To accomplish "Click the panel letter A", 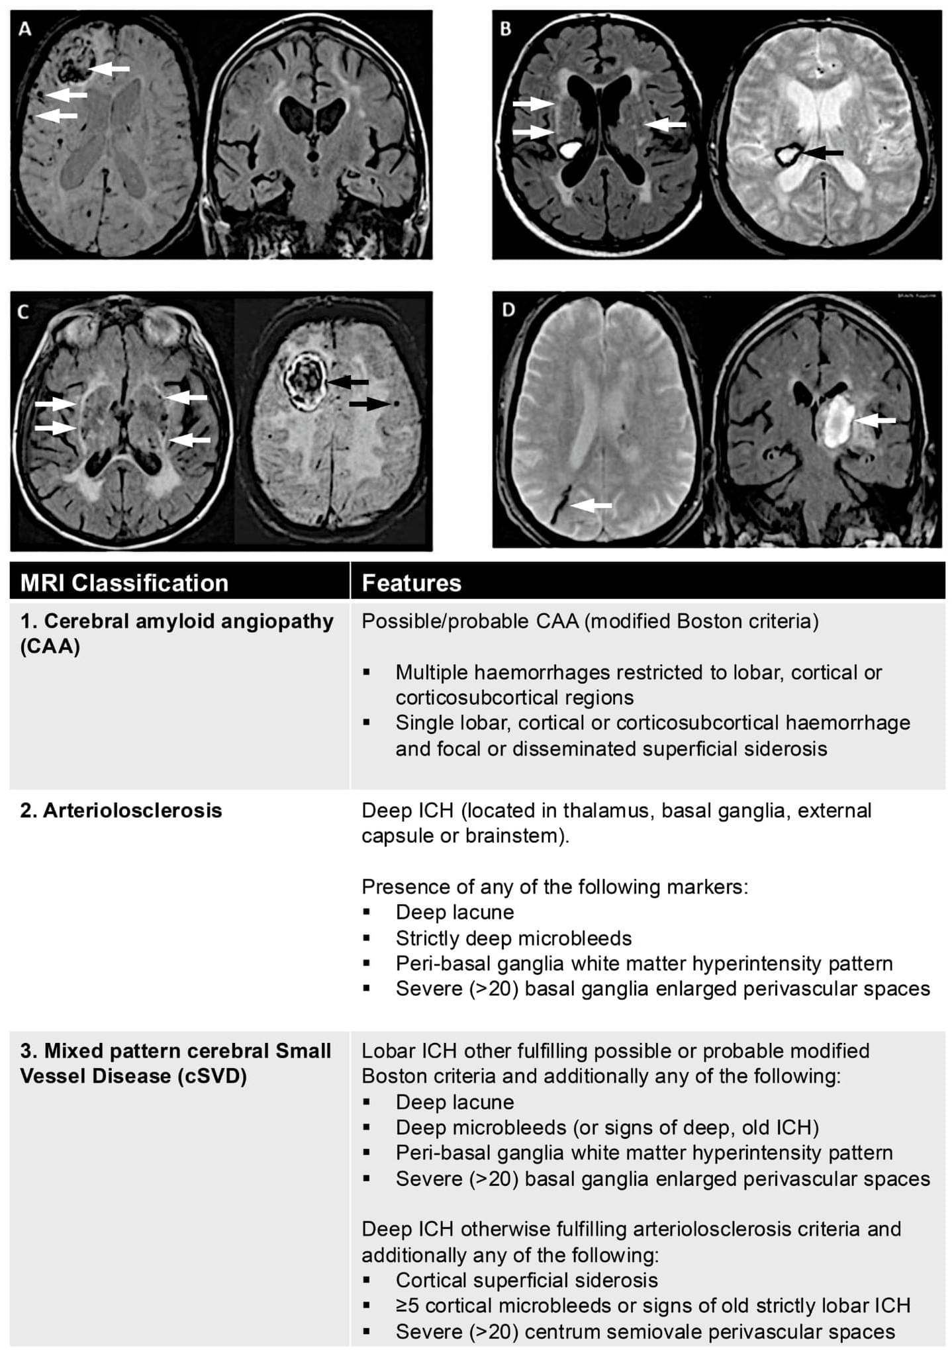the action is coord(25,28).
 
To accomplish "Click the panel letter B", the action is coord(506,28).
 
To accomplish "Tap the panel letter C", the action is coord(23,311).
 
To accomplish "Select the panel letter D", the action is coord(508,309).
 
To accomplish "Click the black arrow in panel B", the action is coord(823,153).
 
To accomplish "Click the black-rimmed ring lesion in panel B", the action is coord(788,155).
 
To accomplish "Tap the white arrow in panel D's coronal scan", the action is coord(875,420).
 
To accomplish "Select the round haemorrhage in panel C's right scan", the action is coord(305,380).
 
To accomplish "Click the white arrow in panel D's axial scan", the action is coord(591,505).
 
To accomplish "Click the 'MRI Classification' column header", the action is coord(124,583).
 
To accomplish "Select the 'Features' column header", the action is coord(411,583).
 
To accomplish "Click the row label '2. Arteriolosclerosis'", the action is coord(121,811).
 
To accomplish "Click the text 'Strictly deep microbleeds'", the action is coord(514,938).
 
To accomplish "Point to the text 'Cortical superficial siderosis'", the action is coord(527,1280).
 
